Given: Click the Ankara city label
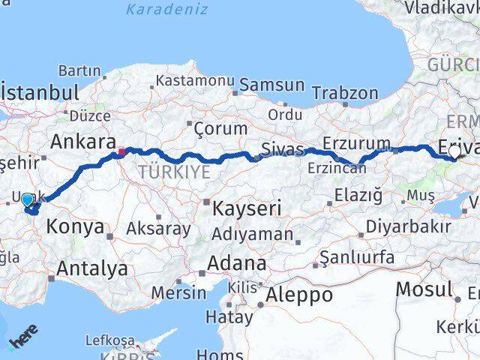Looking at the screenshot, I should click(x=82, y=142).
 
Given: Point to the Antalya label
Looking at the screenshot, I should click(x=91, y=268).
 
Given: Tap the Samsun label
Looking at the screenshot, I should click(x=271, y=85).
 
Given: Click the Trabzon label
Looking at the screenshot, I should click(x=345, y=93).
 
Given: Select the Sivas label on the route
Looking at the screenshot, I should click(x=283, y=148).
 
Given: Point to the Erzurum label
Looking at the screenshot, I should click(x=356, y=142).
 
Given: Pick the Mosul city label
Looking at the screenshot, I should click(x=424, y=288).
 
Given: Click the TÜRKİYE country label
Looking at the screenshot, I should click(x=173, y=172).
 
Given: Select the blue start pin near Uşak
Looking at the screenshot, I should click(x=27, y=200).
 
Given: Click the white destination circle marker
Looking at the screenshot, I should click(x=454, y=151).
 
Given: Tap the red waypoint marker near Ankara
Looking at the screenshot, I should click(x=120, y=153).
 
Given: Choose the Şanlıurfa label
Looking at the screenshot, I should click(x=357, y=257).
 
